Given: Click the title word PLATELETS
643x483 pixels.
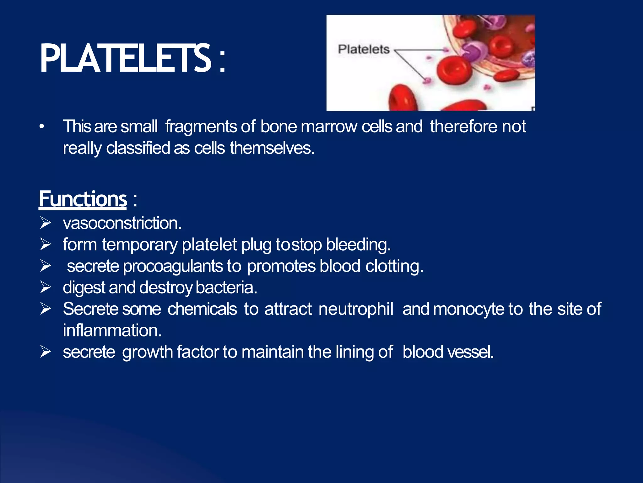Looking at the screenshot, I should pyautogui.click(x=126, y=58).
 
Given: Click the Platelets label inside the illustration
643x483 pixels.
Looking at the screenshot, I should pyautogui.click(x=364, y=49).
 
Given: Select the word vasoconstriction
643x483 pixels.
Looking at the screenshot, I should pyautogui.click(x=122, y=223).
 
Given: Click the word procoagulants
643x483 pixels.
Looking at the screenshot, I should pyautogui.click(x=173, y=266).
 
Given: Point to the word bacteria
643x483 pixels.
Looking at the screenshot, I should pyautogui.click(x=226, y=288).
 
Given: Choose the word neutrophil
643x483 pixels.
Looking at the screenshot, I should pyautogui.click(x=356, y=309).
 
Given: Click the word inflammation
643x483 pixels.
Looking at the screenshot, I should pyautogui.click(x=112, y=330).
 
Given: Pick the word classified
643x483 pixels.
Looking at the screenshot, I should pyautogui.click(x=138, y=148).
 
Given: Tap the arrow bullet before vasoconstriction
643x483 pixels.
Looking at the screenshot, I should pyautogui.click(x=46, y=223).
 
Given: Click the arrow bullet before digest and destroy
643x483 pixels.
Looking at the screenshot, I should pyautogui.click(x=46, y=287).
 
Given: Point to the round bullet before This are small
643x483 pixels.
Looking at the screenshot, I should pyautogui.click(x=42, y=127).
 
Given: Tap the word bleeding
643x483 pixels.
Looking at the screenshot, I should pyautogui.click(x=358, y=245).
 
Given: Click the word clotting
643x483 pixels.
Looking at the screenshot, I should pyautogui.click(x=394, y=266).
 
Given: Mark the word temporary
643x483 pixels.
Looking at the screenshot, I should pyautogui.click(x=140, y=245).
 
